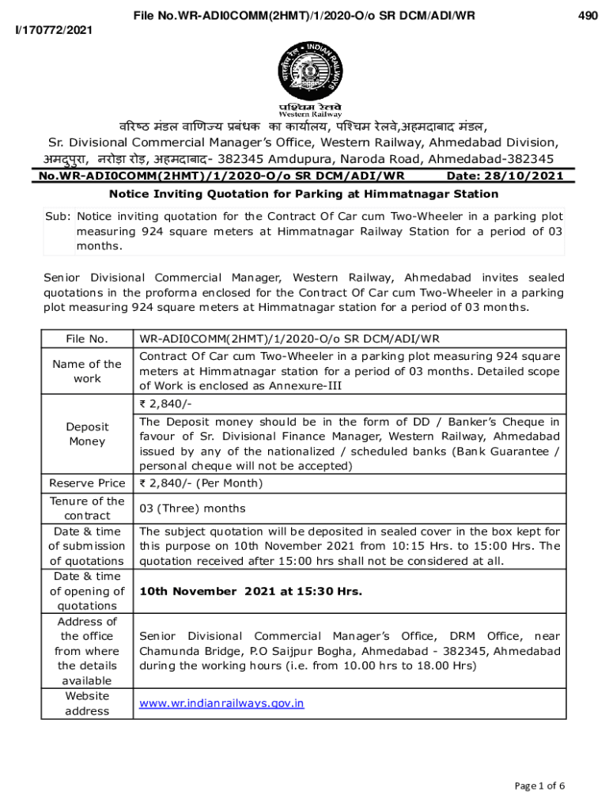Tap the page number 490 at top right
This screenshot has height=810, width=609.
[x=587, y=15]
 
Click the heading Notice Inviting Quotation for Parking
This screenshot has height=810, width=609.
[x=304, y=194]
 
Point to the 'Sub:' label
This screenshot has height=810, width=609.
[x=58, y=217]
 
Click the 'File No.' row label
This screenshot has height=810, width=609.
[x=87, y=339]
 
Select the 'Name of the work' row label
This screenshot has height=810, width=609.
[x=87, y=371]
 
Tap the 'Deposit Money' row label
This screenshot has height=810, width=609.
[x=87, y=433]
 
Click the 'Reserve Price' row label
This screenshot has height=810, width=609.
[x=87, y=483]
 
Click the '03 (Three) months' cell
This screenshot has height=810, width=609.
[x=192, y=509]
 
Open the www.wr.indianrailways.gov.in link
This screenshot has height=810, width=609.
[x=221, y=702]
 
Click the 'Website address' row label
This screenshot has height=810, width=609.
[x=87, y=703]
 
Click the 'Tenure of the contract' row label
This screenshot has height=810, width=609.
[x=87, y=508]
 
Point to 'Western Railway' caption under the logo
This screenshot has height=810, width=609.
[x=304, y=115]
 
